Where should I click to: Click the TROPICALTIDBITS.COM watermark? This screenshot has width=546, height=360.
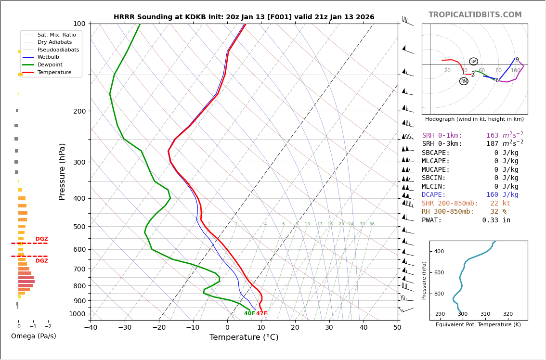pos(475,15)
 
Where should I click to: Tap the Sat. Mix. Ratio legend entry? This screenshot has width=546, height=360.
pos(56,35)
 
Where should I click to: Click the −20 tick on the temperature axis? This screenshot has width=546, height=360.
pos(159,328)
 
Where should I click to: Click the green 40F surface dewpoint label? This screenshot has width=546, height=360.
pos(249,314)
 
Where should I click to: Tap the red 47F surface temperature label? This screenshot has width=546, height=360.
pos(261,314)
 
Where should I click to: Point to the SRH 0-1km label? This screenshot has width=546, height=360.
pos(442,136)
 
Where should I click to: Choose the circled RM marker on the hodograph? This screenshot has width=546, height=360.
pos(464,81)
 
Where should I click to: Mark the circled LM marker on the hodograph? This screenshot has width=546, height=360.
pos(474,62)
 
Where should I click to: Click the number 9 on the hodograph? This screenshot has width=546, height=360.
pos(517,60)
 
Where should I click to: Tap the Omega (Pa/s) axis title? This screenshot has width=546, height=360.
pos(34,336)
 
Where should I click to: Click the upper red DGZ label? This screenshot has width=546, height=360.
pos(42,239)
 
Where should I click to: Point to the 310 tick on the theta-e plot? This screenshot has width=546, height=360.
pos(485,314)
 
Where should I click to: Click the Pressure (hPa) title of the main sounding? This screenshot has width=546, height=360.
pos(63,171)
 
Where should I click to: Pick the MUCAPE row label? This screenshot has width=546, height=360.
pos(436,169)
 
